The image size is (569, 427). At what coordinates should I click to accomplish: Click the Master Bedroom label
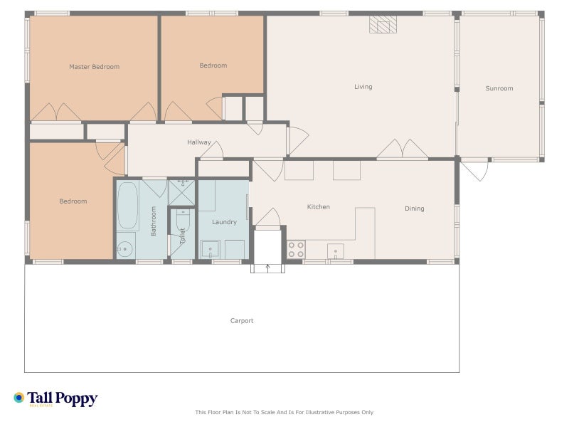95,67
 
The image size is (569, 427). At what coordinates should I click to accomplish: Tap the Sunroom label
499,88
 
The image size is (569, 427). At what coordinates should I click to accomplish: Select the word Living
363,87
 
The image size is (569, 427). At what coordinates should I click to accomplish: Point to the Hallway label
199,142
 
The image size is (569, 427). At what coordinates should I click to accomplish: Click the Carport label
242,321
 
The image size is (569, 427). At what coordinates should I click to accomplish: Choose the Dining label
415,209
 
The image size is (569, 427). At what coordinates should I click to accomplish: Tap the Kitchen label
319,207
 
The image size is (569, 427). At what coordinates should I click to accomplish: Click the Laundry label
224,222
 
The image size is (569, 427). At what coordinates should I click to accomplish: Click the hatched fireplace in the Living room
383,25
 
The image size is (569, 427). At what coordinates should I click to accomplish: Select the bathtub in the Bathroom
128,206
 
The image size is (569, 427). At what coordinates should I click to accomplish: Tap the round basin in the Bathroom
125,249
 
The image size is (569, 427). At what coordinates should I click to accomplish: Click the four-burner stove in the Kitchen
296,250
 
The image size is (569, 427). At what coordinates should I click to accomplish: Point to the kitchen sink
336,251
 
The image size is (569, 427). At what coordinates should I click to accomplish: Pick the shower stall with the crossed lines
182,192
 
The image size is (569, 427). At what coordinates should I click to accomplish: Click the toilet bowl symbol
183,221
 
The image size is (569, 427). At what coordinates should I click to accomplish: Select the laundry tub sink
211,250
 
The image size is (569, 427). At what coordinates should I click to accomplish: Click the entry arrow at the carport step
268,268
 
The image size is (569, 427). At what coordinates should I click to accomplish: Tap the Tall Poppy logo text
63,399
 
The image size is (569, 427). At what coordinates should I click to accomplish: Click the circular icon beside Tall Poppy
19,398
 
